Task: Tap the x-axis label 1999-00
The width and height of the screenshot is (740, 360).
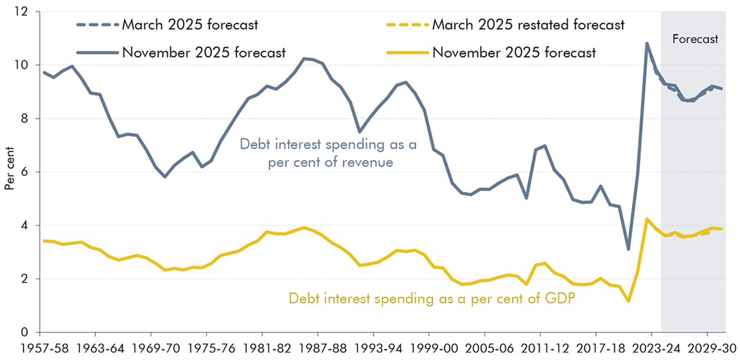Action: [436, 348]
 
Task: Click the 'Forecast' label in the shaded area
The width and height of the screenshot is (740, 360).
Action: [694, 39]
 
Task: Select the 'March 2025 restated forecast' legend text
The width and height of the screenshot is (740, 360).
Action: [528, 25]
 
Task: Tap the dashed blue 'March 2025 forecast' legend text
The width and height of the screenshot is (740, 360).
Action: [190, 25]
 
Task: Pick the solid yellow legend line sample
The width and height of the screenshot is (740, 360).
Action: [408, 52]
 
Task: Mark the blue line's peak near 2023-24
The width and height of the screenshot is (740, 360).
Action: [647, 43]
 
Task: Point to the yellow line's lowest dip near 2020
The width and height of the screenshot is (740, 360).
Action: [628, 301]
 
